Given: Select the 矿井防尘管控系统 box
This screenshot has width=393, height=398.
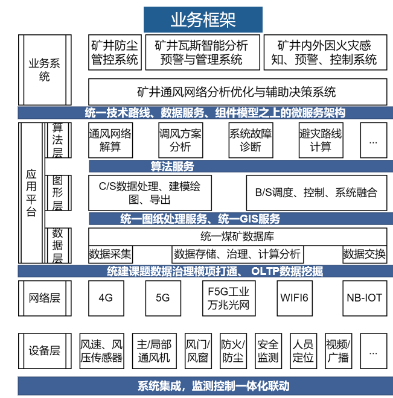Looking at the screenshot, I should [115, 52].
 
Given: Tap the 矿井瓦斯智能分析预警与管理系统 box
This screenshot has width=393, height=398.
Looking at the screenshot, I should [201, 52].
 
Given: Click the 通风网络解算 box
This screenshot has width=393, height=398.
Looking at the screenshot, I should [110, 140].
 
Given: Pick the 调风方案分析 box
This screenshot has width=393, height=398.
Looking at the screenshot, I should [180, 140].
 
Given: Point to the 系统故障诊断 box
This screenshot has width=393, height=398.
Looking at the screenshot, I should [251, 140].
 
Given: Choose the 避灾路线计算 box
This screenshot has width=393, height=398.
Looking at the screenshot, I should [321, 140].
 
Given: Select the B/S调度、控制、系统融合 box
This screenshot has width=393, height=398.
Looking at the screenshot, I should [316, 193].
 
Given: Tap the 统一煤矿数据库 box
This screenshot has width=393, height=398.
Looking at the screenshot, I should [237, 236].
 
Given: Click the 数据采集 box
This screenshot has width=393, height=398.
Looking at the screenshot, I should [110, 254].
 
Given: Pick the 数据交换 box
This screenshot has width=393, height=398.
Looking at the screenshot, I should [365, 254].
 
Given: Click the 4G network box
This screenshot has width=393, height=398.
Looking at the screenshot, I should [106, 298].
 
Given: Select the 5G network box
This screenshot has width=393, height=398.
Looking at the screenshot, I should [163, 298].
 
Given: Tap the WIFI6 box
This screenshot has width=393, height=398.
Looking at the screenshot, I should [294, 298].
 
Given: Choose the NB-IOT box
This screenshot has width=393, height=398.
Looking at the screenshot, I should [364, 298].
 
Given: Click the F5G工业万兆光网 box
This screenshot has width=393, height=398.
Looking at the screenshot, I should [229, 298].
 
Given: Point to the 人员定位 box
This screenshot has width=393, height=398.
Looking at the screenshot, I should [303, 351].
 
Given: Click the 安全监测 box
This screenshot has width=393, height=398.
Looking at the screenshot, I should [268, 351].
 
